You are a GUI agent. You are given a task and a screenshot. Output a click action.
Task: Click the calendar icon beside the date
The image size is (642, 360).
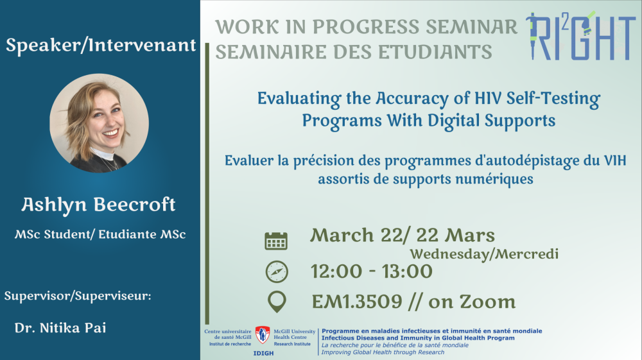coord(276,241)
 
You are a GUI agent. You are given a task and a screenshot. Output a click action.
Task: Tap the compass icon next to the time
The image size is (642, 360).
coord(277,271)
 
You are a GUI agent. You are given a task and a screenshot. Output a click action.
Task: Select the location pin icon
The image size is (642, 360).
coord(277,302)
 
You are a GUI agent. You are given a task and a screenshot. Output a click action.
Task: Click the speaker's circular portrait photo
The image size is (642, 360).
coord(99,123)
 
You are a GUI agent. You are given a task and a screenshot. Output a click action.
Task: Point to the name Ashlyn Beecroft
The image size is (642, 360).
coord(98,205)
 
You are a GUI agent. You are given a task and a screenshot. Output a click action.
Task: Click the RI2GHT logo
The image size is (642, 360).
coord(580,36)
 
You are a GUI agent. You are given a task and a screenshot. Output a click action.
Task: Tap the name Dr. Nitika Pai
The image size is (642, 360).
coord(60,328)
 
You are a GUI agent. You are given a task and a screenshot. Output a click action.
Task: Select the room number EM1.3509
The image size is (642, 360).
coord(357,302)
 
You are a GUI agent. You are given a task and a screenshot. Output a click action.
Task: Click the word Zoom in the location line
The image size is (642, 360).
coord(487,302)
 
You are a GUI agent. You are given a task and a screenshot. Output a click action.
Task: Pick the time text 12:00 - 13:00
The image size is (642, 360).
coord(371,271)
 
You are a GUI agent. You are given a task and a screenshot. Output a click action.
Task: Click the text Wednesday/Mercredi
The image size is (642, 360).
coord(484,254)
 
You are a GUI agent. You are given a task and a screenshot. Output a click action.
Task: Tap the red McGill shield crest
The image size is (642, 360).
coord(263,334)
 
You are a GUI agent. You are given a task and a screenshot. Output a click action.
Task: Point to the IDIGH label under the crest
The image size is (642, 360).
coord(263,353)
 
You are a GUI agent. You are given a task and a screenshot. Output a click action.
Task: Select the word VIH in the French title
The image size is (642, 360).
coord(615,160)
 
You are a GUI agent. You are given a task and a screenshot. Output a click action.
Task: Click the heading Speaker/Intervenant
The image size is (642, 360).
coord(101,45)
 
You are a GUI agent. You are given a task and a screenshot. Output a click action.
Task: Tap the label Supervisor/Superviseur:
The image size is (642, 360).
coord(78,296)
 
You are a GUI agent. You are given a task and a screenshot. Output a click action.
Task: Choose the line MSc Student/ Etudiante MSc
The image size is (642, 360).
coord(100,234)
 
